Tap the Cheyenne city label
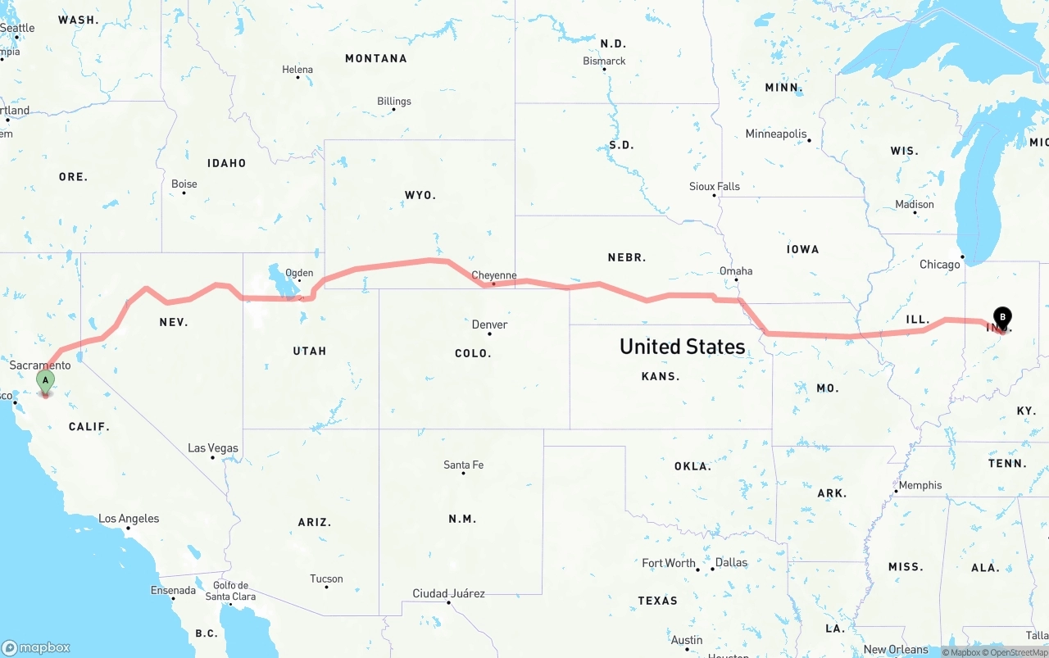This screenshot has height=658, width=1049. pyautogui.click(x=494, y=275)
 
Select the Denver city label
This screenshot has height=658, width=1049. pyautogui.click(x=489, y=324)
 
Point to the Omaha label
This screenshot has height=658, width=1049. pyautogui.click(x=736, y=271)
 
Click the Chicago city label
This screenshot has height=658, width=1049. pyautogui.click(x=939, y=265)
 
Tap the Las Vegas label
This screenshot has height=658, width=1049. pyautogui.click(x=213, y=448)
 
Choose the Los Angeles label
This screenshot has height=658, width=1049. pyautogui.click(x=129, y=519)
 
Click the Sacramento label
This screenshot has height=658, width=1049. pyautogui.click(x=40, y=365)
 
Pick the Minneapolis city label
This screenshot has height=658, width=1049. pyautogui.click(x=776, y=134)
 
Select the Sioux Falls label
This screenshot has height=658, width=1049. pyautogui.click(x=714, y=187)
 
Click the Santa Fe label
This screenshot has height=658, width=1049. pyautogui.click(x=463, y=465)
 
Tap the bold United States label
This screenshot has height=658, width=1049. pyautogui.click(x=682, y=347)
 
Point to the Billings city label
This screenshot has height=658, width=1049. pyautogui.click(x=394, y=102)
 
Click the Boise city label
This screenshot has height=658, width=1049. pyautogui.click(x=184, y=184)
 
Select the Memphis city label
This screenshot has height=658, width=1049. pyautogui.click(x=920, y=486)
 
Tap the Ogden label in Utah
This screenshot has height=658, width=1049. pyautogui.click(x=299, y=274)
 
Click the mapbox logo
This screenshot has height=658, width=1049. pyautogui.click(x=36, y=647)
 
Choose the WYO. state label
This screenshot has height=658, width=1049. pyautogui.click(x=420, y=196)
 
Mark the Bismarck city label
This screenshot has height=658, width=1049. pyautogui.click(x=604, y=61)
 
